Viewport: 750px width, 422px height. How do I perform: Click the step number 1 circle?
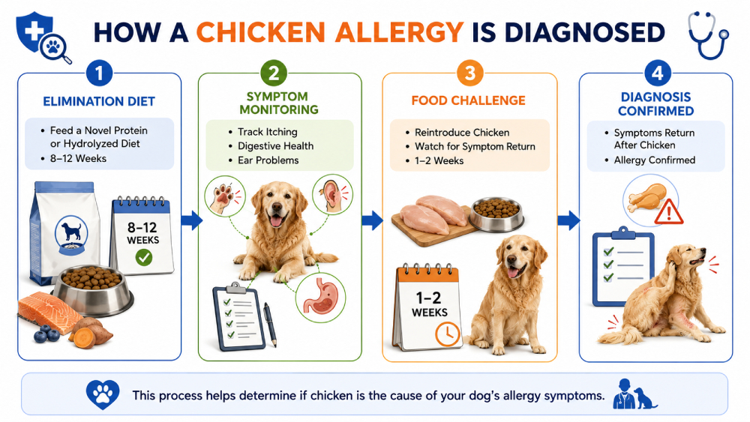(99, 73)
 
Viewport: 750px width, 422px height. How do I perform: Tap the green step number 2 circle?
(274, 73)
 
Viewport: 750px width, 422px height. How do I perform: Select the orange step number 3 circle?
(469, 73)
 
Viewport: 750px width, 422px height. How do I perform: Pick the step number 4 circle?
(657, 73)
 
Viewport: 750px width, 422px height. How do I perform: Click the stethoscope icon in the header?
(708, 36)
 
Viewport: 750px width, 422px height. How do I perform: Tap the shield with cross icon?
(34, 34)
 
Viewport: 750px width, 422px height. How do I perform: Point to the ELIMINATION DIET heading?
(99, 101)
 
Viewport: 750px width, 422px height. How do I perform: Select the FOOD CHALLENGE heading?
(468, 100)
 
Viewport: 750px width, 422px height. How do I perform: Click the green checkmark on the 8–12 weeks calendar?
(143, 258)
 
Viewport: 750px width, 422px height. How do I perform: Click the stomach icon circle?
(320, 298)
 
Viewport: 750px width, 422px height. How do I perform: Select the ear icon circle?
(332, 195)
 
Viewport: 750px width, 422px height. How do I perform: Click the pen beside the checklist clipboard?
(270, 325)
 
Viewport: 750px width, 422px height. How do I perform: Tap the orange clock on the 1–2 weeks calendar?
(447, 334)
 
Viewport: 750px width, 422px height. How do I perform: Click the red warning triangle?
(669, 211)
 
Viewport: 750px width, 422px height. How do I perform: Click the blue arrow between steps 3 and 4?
(568, 220)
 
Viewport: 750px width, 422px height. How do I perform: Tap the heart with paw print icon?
(102, 394)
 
